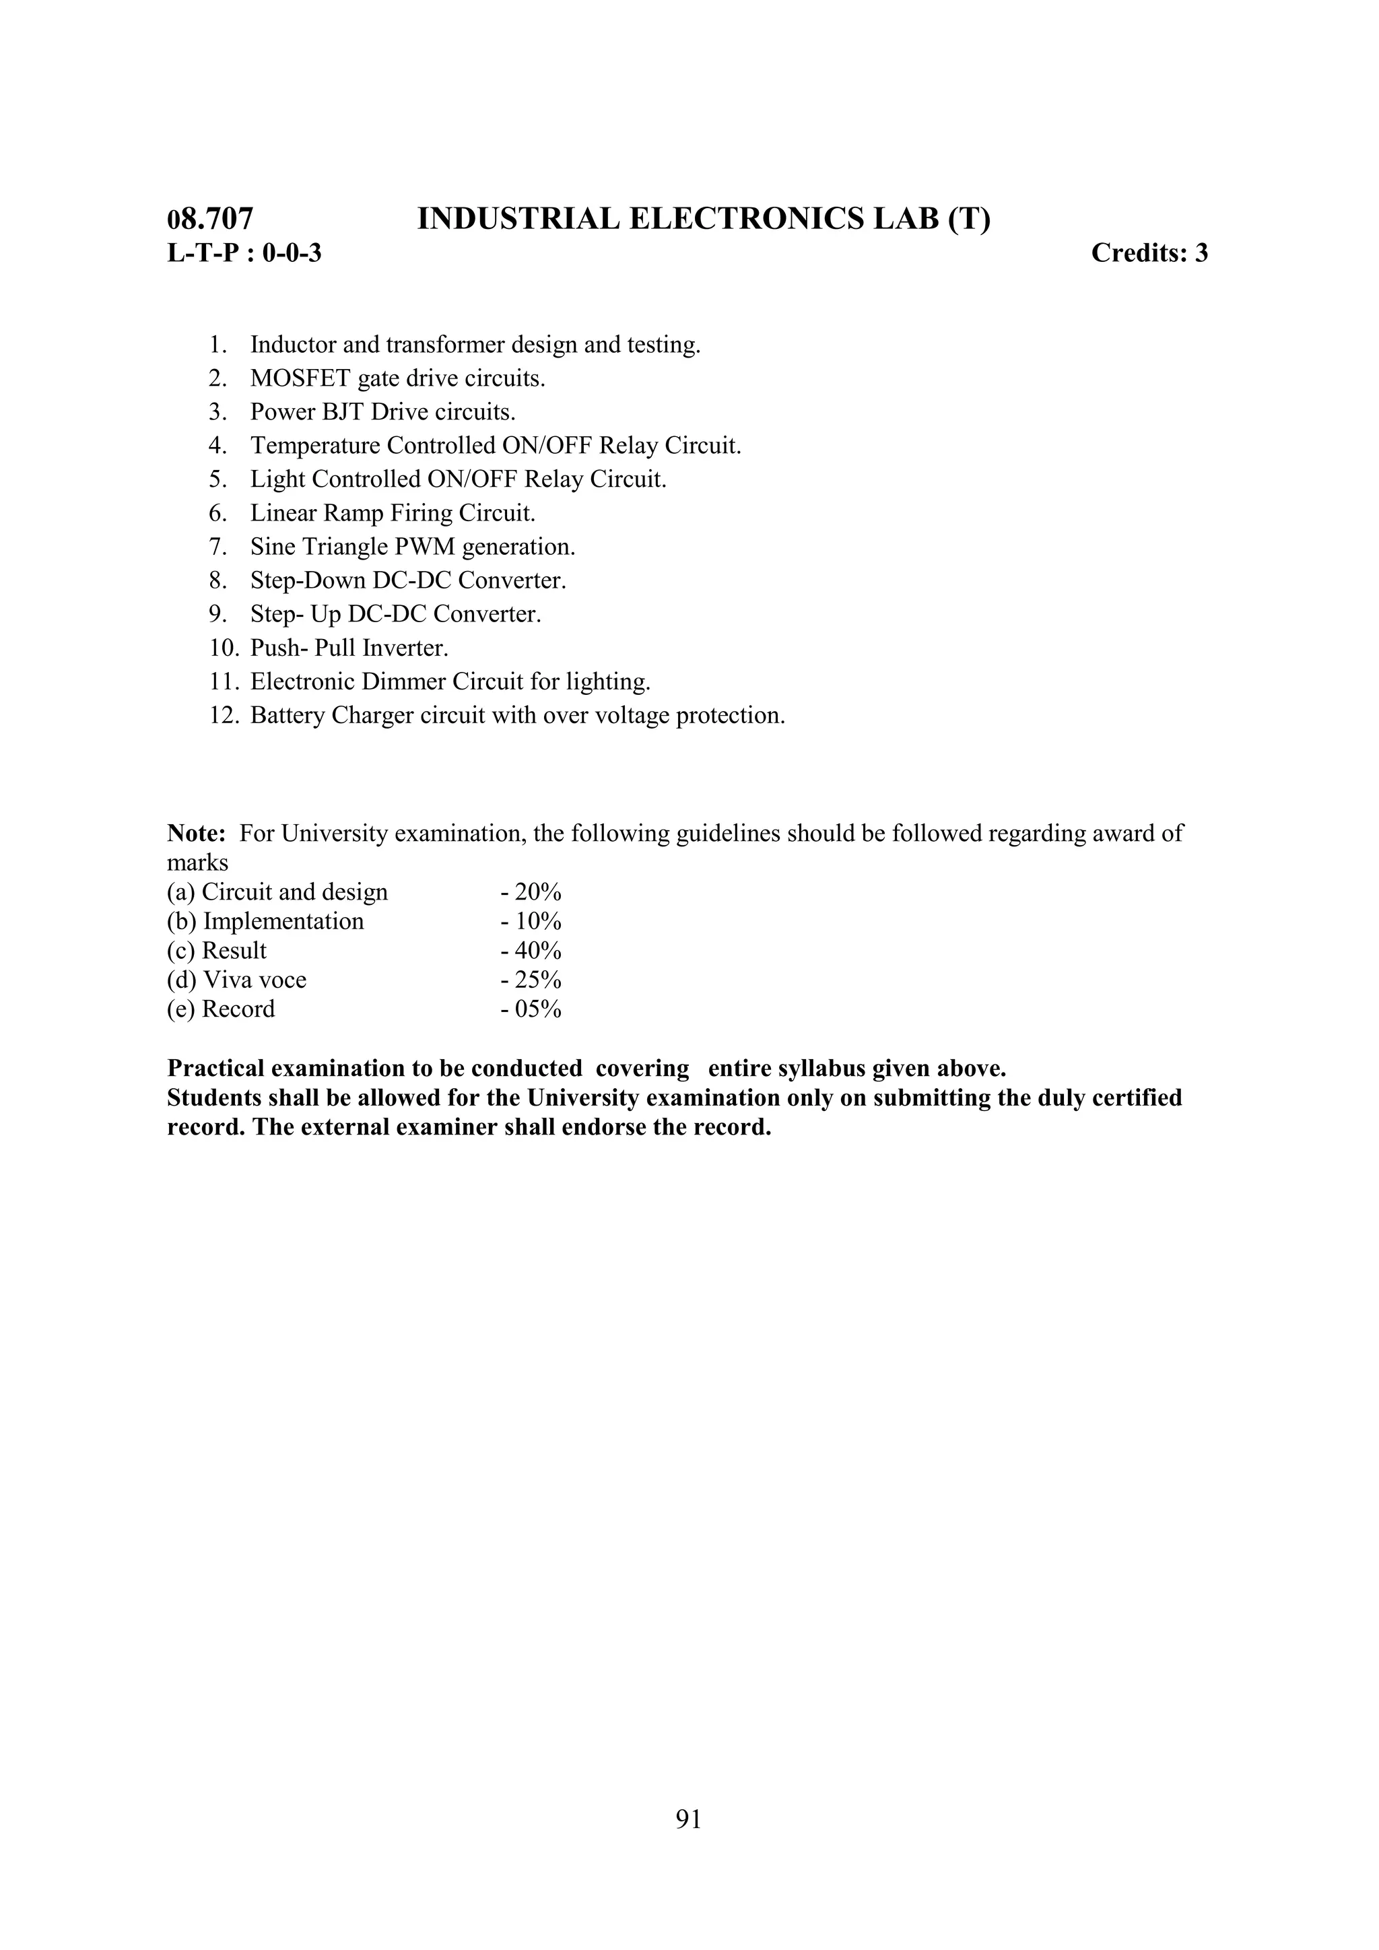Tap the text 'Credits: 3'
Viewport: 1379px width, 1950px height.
pos(1149,253)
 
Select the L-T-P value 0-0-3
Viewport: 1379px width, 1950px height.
pos(292,253)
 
